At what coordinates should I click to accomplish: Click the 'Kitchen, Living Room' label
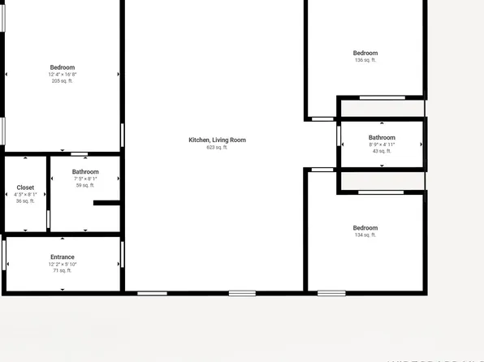pyautogui.click(x=217, y=140)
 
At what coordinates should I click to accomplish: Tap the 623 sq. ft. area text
pyautogui.click(x=217, y=147)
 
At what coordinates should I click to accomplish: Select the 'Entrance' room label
pyautogui.click(x=63, y=257)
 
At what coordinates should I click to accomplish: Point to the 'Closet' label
pyautogui.click(x=25, y=187)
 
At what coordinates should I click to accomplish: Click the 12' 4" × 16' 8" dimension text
pyautogui.click(x=63, y=75)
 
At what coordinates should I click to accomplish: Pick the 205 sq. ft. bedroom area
pyautogui.click(x=63, y=81)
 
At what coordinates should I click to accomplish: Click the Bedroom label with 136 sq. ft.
pyautogui.click(x=365, y=54)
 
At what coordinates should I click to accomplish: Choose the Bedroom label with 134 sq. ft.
pyautogui.click(x=365, y=228)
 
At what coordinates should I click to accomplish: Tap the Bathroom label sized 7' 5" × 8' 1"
pyautogui.click(x=85, y=172)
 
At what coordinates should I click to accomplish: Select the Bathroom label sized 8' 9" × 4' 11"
pyautogui.click(x=382, y=138)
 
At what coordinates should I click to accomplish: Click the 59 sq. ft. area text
pyautogui.click(x=85, y=185)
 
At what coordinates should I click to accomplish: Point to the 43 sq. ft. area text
pyautogui.click(x=382, y=151)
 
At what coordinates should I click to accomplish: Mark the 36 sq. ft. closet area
pyautogui.click(x=25, y=200)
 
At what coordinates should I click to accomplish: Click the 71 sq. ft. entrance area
pyautogui.click(x=63, y=270)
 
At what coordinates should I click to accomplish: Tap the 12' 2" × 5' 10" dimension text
pyautogui.click(x=63, y=264)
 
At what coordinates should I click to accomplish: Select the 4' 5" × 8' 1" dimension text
pyautogui.click(x=25, y=194)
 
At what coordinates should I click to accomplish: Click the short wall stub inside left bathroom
pyautogui.click(x=106, y=203)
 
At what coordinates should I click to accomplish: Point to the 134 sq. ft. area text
pyautogui.click(x=365, y=235)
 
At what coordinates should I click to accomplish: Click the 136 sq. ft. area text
pyautogui.click(x=365, y=60)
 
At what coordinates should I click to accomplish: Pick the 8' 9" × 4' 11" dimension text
pyautogui.click(x=382, y=144)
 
